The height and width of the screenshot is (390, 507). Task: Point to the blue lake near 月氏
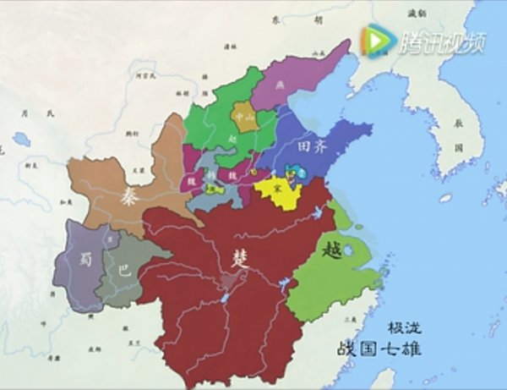click(x=20, y=138)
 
